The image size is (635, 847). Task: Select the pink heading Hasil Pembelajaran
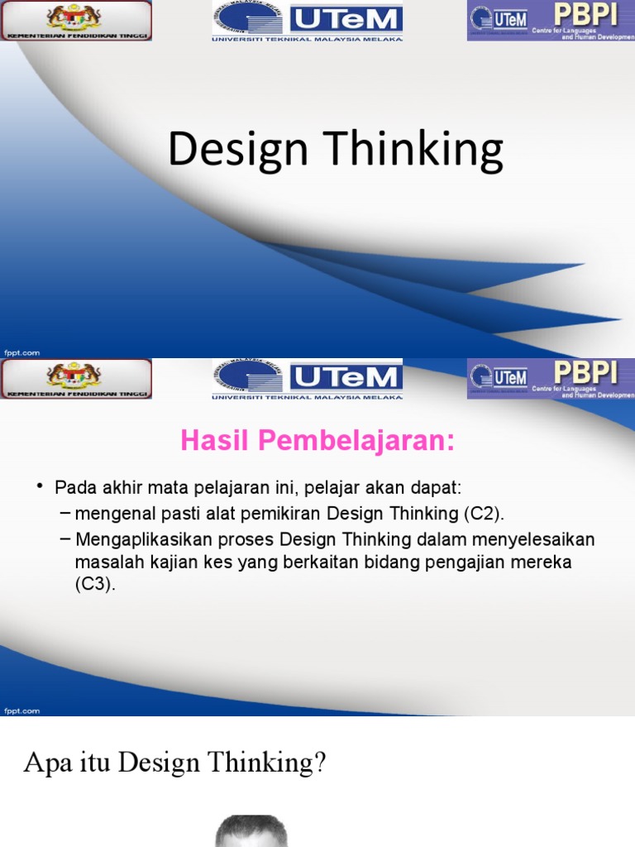pyautogui.click(x=317, y=442)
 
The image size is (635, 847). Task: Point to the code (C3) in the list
pyautogui.click(x=96, y=584)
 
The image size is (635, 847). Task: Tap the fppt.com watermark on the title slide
pyautogui.click(x=21, y=352)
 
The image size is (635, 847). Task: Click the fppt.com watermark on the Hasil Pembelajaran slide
pyautogui.click(x=21, y=711)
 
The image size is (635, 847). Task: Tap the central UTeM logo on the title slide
pyautogui.click(x=308, y=20)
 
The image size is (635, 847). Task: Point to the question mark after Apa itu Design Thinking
pyautogui.click(x=320, y=763)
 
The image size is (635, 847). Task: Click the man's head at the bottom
pyautogui.click(x=251, y=831)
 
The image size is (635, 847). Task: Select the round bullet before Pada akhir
pyautogui.click(x=39, y=486)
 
